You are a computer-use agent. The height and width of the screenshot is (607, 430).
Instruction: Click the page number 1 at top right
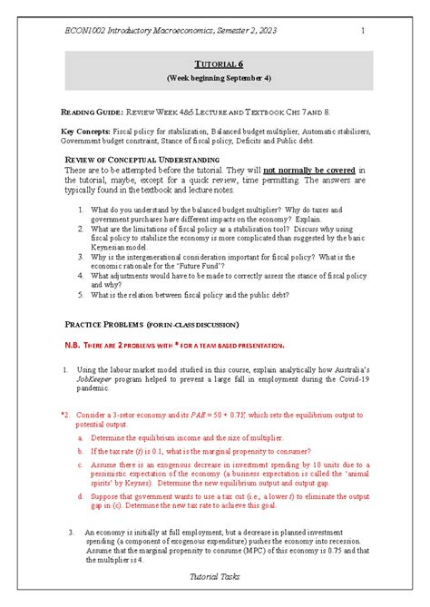tap(363, 32)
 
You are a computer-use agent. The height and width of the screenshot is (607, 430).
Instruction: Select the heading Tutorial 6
tap(216, 64)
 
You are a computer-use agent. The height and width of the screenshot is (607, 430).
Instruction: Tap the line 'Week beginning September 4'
tap(216, 78)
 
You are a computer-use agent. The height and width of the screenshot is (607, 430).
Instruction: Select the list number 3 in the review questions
tap(82, 256)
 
